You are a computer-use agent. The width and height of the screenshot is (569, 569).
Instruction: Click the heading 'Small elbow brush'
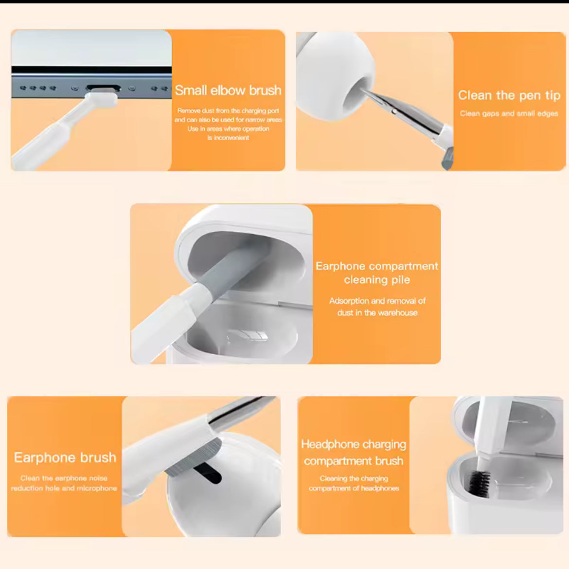(228, 91)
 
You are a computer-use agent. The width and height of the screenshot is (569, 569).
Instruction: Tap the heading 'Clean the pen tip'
(509, 95)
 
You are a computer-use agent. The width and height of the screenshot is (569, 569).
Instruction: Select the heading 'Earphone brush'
(65, 458)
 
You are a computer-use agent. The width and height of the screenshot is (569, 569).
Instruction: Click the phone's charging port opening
(104, 88)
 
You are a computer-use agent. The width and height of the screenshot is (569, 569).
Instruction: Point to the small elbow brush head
(102, 98)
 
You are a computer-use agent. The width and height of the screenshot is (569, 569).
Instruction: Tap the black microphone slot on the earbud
(207, 473)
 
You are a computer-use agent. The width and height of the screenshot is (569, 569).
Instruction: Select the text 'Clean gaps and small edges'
(509, 114)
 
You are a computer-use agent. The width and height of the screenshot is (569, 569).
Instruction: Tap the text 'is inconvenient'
(228, 138)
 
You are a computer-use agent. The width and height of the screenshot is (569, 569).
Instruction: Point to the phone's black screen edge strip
(91, 70)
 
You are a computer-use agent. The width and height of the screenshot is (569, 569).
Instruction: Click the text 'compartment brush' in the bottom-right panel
(354, 461)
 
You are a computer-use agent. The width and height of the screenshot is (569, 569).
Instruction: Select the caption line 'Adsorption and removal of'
(377, 301)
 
